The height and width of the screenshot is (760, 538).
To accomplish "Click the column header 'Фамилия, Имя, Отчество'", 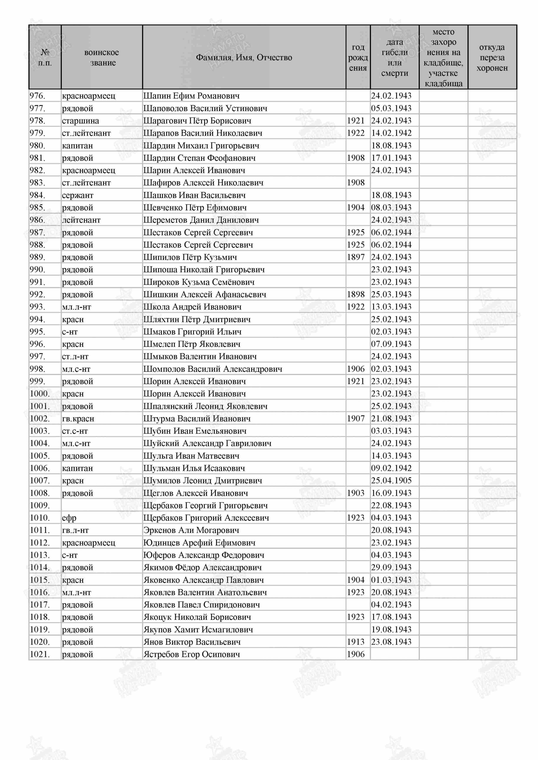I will point(244,58).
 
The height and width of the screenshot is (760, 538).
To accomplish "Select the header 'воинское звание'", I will point(102,58).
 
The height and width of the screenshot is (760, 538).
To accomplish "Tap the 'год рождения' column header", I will point(358,58).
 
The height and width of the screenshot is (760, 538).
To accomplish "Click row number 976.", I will point(37,96).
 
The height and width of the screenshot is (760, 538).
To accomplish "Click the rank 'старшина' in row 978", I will point(80,121).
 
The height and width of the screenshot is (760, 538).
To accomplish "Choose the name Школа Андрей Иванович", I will point(192,307).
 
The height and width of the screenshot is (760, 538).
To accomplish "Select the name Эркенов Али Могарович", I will point(191,530).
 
